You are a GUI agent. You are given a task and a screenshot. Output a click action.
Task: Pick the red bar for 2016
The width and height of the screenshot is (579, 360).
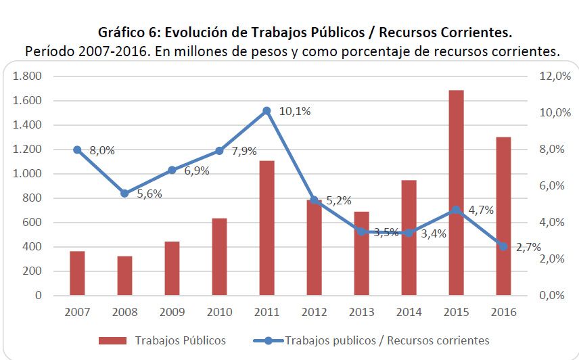pos(503,216)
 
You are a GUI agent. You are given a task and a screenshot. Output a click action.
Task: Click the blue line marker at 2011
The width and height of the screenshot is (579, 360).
pos(267,110)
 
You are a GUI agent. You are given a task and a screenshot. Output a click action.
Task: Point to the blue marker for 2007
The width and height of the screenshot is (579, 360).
pos(77,150)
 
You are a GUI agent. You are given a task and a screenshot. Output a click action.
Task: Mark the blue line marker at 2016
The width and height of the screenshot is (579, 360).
pos(503,246)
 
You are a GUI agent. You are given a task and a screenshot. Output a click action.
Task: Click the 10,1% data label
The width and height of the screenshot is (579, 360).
pos(294,112)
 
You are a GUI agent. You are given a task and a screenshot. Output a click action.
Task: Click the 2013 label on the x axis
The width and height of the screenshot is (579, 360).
pos(361,312)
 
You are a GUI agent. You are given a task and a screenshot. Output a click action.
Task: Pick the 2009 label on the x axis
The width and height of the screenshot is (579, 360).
pos(171,312)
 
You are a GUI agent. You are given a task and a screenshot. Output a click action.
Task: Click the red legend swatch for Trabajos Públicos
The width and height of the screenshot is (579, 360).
pos(112,340)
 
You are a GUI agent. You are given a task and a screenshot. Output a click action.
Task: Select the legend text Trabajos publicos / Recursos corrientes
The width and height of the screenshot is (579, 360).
pos(387,340)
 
